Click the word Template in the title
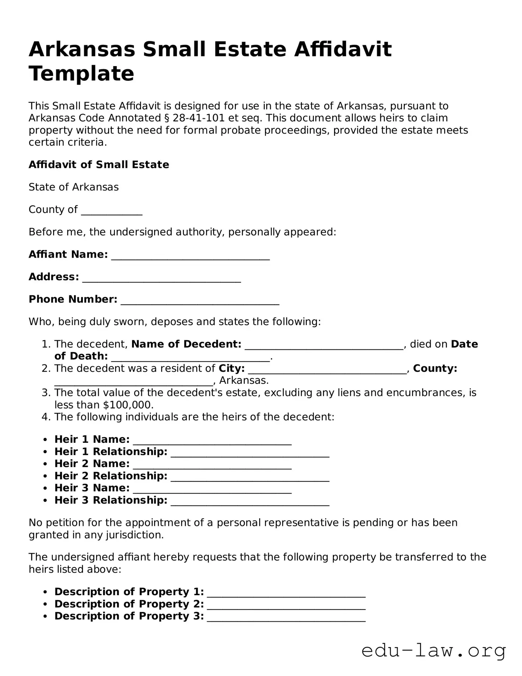tap(81, 73)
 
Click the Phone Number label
tap(73, 299)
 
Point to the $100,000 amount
tap(127, 405)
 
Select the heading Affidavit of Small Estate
tap(99, 165)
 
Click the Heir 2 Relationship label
tap(111, 476)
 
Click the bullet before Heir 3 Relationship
tap(45, 501)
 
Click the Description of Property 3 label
tap(129, 616)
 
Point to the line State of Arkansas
tap(74, 187)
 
